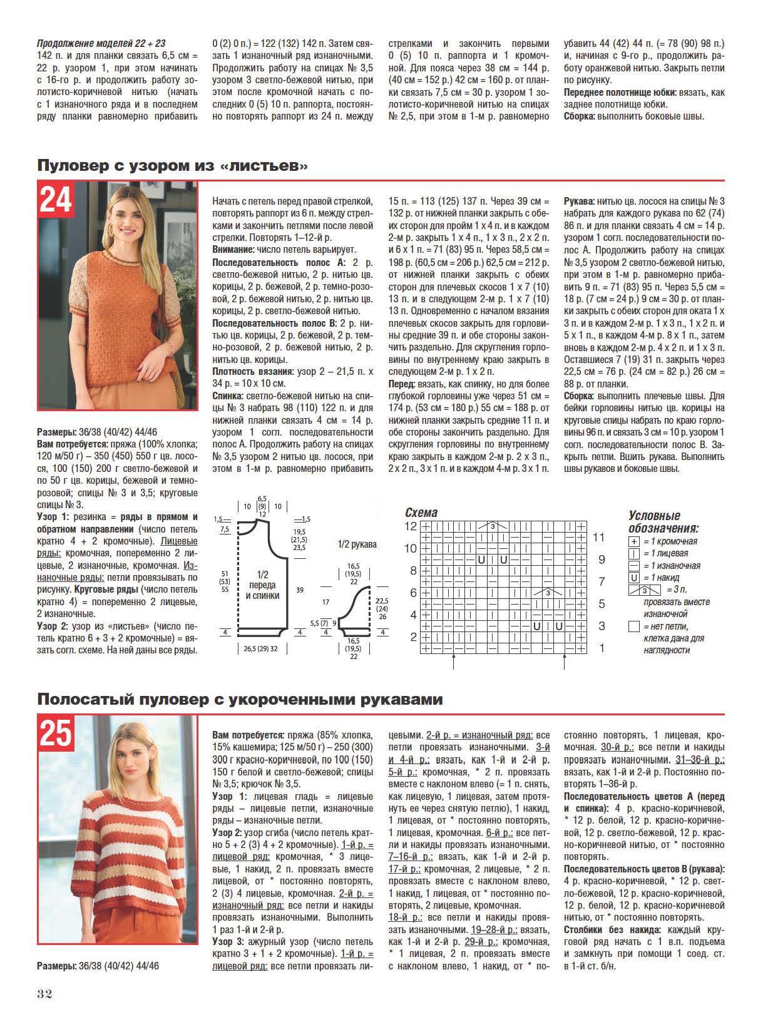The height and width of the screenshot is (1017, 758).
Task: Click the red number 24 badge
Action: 56,200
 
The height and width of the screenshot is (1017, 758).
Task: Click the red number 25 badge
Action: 56,733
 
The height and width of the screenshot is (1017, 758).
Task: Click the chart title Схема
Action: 422,513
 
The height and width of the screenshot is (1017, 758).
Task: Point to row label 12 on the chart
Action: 410,526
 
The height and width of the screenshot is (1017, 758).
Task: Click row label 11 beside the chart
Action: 599,537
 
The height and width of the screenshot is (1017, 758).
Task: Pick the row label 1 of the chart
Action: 602,648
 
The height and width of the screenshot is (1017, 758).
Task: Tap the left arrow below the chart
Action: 453,663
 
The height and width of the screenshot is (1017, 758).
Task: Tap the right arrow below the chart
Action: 565,663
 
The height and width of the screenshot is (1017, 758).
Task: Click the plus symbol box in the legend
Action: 634,541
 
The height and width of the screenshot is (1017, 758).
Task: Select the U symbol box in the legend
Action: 634,578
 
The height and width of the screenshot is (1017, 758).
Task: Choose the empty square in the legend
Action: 634,626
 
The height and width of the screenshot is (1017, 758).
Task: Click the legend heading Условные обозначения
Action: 663,522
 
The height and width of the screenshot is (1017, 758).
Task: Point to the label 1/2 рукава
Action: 357,544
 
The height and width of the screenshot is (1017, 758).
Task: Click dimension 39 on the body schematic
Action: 300,590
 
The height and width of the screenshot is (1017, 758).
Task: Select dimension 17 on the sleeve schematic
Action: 325,602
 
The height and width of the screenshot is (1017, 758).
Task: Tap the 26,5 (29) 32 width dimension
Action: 260,649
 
